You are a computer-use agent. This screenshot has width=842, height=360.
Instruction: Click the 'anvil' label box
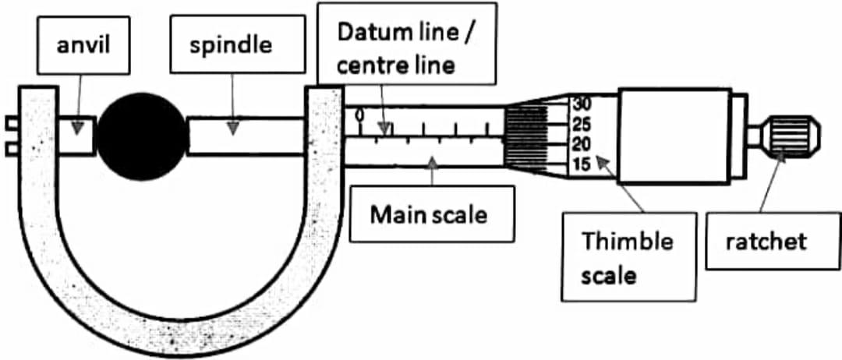pos(84,44)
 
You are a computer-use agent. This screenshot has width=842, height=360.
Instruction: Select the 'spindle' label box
pos(232,44)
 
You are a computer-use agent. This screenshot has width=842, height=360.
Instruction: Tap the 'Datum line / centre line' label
pos(406,48)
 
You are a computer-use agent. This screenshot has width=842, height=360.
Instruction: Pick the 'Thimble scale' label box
pos(628,257)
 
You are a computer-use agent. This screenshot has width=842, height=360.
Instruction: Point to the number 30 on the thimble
pos(582,104)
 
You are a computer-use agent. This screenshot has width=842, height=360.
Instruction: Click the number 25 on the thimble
pos(582,124)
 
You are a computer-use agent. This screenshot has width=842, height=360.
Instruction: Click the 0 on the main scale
pos(359,116)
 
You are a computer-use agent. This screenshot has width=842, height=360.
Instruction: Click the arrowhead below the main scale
pos(430,159)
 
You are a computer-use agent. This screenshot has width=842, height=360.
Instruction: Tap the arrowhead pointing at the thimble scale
pos(600,161)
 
